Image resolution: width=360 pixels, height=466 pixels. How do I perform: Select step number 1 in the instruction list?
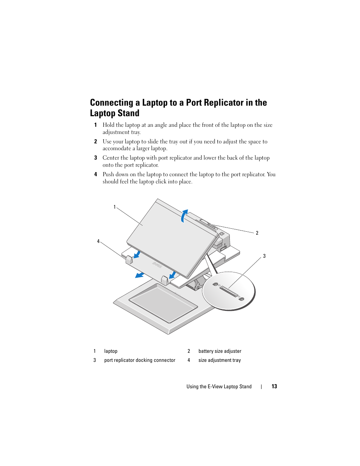click(95, 125)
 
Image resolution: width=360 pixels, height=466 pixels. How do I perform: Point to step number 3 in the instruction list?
click(95, 158)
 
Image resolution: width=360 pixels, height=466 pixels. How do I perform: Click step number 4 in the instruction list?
click(95, 174)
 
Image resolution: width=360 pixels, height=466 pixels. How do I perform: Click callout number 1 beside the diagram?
click(115, 207)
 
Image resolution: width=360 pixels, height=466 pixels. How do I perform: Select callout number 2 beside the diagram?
click(257, 233)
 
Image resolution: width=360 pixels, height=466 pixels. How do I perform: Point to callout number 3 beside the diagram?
click(264, 256)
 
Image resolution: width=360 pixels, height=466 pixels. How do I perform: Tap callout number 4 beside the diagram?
click(98, 241)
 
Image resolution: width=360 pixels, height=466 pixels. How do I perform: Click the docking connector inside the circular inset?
click(229, 291)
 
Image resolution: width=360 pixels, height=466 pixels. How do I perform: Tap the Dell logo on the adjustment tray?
click(157, 265)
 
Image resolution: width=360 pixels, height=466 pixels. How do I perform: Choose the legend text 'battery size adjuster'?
click(220, 351)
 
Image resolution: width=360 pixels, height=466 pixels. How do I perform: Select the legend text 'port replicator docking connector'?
click(140, 360)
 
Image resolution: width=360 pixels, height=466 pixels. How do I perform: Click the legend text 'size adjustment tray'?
click(219, 360)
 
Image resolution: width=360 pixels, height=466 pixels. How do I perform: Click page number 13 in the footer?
click(274, 386)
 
